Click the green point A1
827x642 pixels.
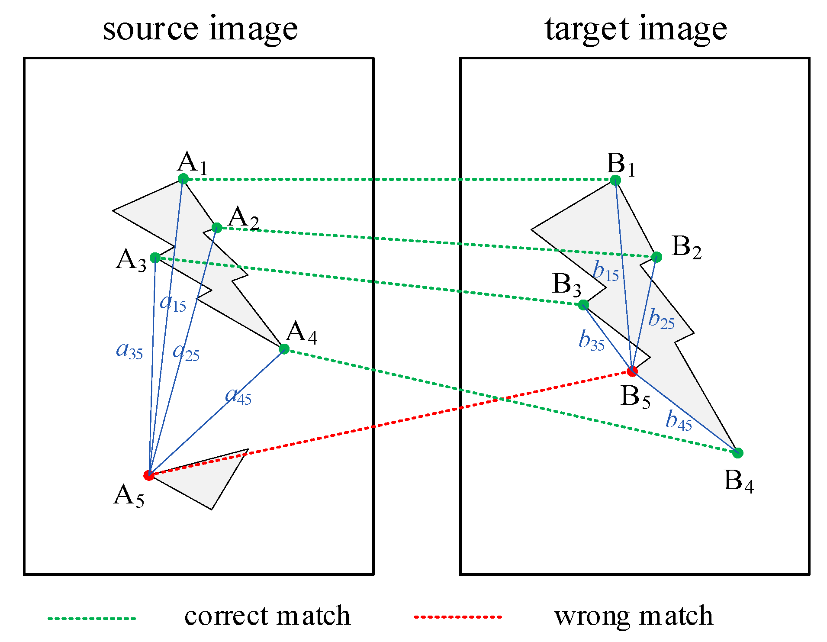coord(183,179)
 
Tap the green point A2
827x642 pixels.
coord(217,228)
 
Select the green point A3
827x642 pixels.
coord(155,258)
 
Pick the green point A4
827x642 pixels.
coord(284,349)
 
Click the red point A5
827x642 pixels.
coord(148,475)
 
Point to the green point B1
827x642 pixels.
coord(615,180)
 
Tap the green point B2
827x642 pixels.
coord(656,257)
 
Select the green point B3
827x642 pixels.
coord(583,305)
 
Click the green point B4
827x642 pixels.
coord(738,453)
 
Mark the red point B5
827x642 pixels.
coord(632,371)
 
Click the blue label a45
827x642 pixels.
coord(238,395)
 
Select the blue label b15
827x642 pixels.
coord(605,271)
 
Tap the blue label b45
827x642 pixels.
coord(678,421)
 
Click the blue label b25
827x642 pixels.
coord(661,319)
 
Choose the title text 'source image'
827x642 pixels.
coord(200,29)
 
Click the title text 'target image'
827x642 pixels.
coord(635,29)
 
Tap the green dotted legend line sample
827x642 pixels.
coord(92,618)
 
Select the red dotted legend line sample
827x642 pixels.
coord(457,616)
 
